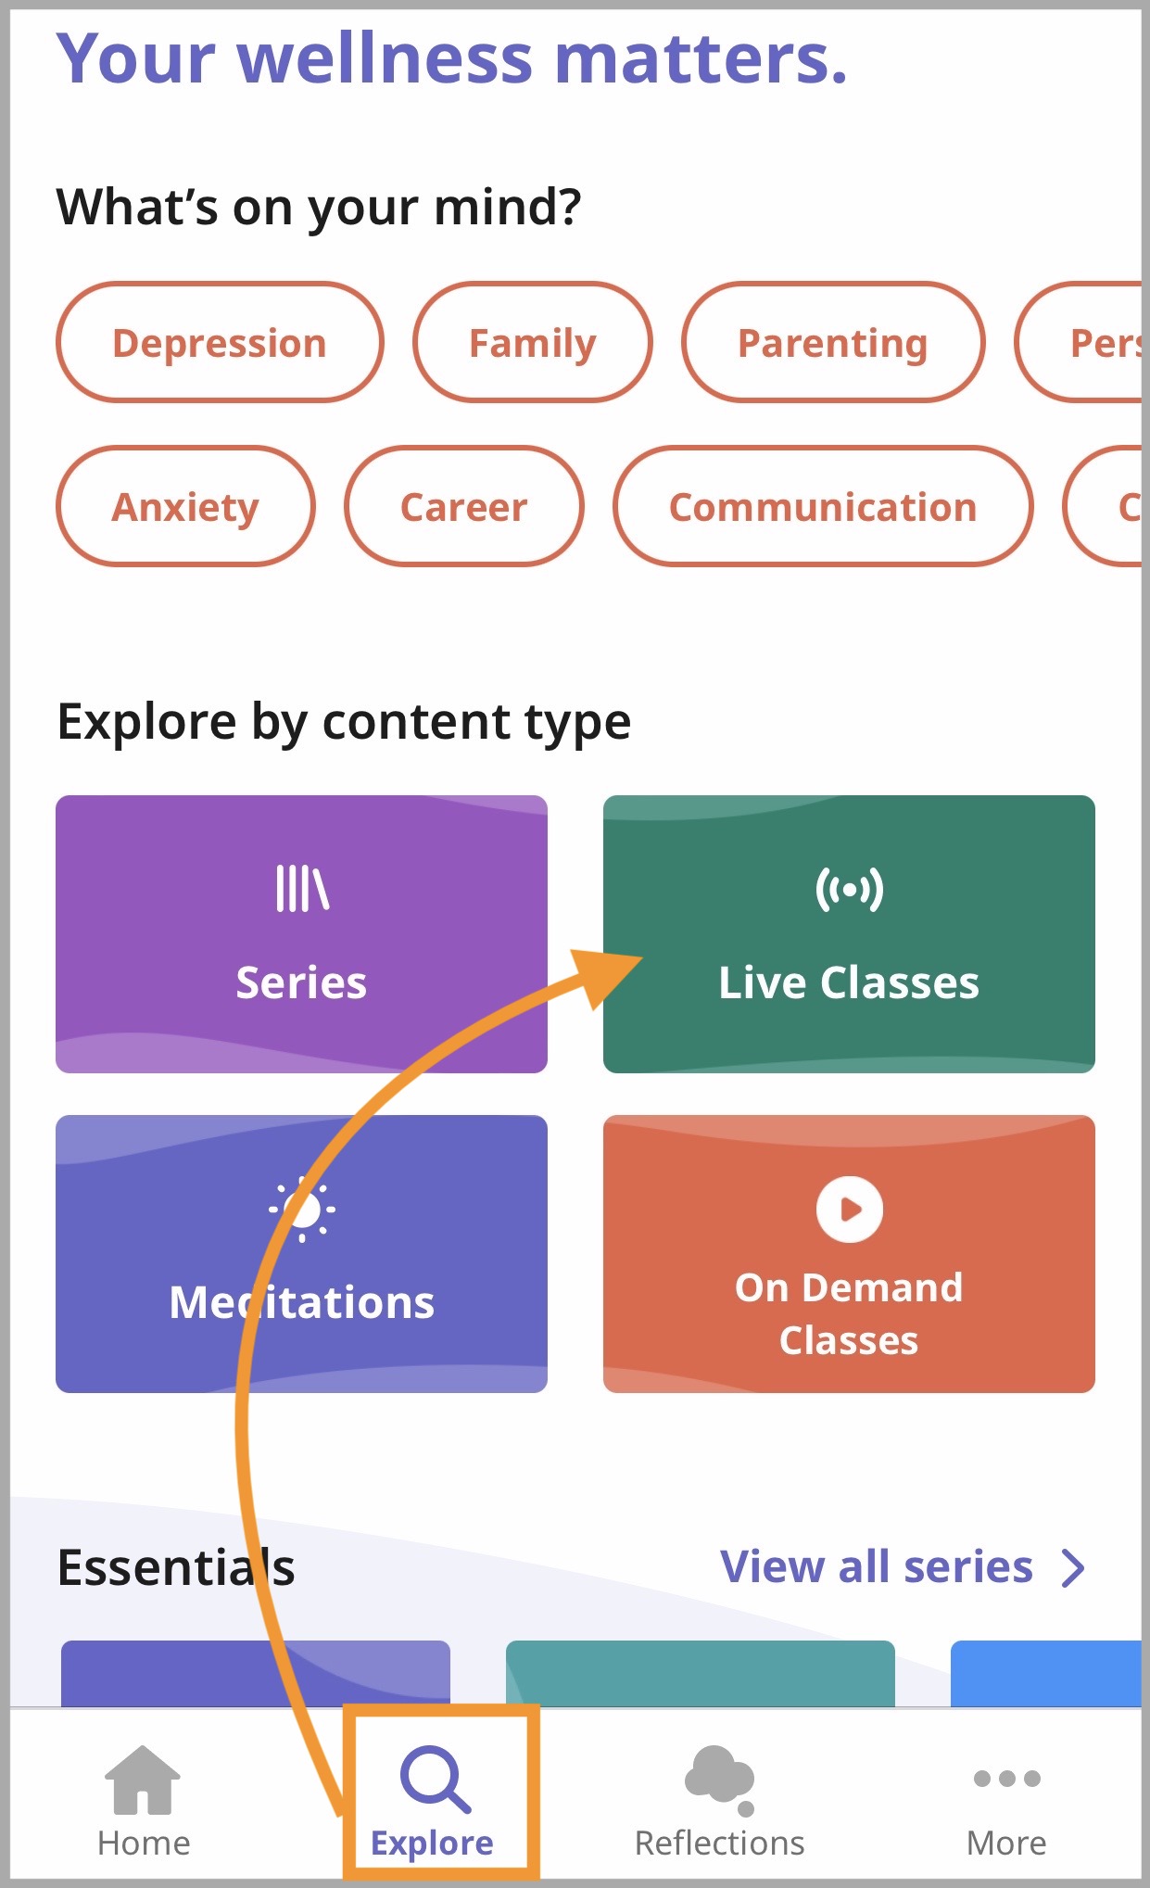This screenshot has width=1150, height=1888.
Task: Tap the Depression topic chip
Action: click(220, 343)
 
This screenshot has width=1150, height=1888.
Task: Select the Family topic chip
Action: click(533, 343)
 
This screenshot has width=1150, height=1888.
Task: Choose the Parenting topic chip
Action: click(832, 343)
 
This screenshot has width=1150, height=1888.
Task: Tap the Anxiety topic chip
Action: click(185, 507)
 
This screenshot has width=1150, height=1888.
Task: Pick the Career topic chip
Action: click(463, 507)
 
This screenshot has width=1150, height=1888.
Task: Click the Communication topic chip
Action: click(823, 507)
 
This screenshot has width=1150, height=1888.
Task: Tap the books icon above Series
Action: click(302, 889)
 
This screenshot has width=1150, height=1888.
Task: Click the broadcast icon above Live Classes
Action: click(849, 890)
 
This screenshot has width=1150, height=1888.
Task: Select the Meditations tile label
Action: click(301, 1302)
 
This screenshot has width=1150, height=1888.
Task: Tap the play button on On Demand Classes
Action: click(849, 1209)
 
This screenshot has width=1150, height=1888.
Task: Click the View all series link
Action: click(876, 1567)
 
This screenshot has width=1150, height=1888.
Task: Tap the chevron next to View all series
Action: click(1073, 1568)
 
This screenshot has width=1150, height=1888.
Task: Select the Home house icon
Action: click(143, 1780)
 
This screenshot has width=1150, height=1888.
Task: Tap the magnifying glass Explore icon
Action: click(434, 1779)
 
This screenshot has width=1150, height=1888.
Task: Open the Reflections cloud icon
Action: click(719, 1778)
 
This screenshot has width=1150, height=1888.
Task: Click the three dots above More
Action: click(1006, 1779)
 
